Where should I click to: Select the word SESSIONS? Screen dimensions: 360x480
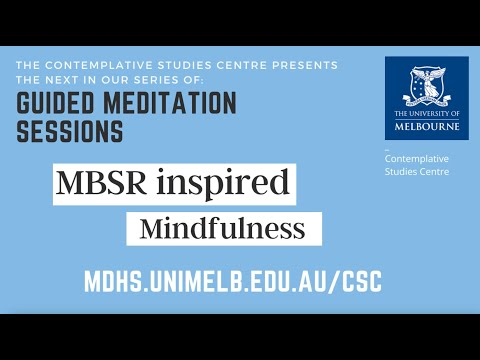pos(69,132)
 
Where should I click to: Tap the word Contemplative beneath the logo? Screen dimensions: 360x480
pos(417,159)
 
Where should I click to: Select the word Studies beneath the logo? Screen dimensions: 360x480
pos(402,172)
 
